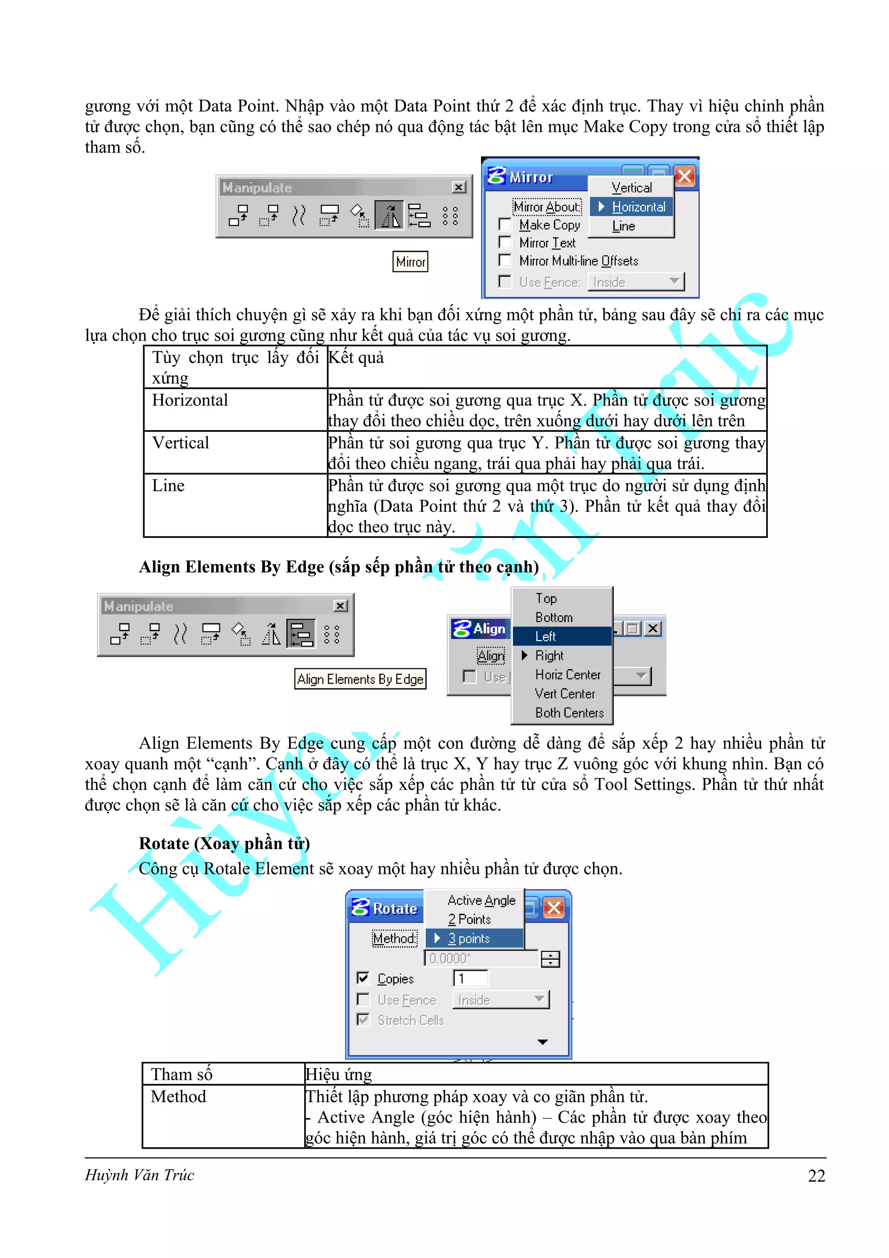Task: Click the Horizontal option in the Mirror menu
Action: tap(638, 207)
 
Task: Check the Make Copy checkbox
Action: tap(505, 225)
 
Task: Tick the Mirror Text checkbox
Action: tap(505, 242)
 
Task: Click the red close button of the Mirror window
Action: tap(685, 176)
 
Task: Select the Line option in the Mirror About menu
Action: tap(623, 226)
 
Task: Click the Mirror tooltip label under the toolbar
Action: tap(410, 262)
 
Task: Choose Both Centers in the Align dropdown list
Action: tap(569, 713)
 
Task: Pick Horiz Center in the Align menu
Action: tap(567, 675)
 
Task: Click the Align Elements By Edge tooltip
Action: tap(360, 679)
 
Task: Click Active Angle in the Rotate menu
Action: tap(481, 900)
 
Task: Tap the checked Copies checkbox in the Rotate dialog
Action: tap(362, 978)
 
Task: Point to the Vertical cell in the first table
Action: tap(181, 443)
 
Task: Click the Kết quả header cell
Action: tap(356, 358)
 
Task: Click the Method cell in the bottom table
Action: tap(178, 1097)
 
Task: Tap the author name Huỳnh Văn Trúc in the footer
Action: tap(140, 1175)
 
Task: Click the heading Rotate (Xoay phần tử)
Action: tap(224, 843)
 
